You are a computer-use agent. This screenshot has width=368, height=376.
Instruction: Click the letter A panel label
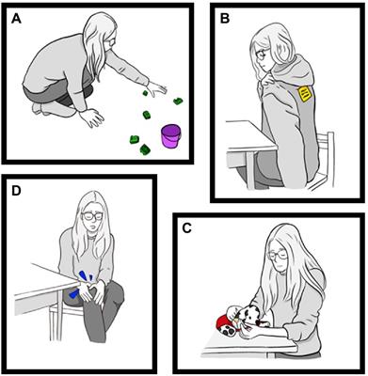pyautogui.click(x=16, y=19)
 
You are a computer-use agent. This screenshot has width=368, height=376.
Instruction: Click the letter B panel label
pyautogui.click(x=225, y=19)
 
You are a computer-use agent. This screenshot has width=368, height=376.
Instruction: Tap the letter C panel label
pyautogui.click(x=186, y=228)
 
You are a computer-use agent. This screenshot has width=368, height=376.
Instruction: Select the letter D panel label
pyautogui.click(x=16, y=191)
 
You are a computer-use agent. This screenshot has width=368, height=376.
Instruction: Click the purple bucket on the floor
pyautogui.click(x=171, y=135)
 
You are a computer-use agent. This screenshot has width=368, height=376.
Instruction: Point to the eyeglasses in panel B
pyautogui.click(x=262, y=55)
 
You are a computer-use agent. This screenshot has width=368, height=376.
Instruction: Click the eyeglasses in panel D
pyautogui.click(x=92, y=216)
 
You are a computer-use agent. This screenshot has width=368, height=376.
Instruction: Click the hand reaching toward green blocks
pyautogui.click(x=157, y=89)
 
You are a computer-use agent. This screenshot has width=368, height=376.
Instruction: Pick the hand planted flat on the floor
pyautogui.click(x=91, y=117)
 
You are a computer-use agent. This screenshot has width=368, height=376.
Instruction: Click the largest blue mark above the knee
pyautogui.click(x=83, y=276)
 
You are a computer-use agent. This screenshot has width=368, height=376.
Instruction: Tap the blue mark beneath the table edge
pyautogui.click(x=74, y=293)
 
